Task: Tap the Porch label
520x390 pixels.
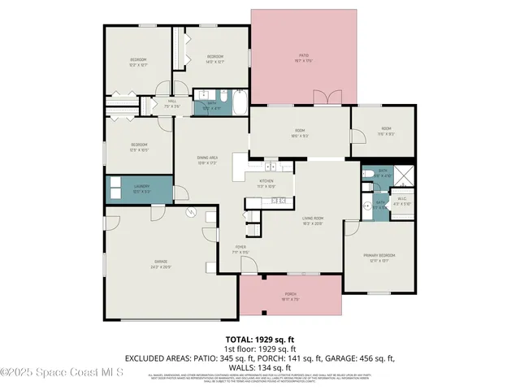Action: tap(290, 296)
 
